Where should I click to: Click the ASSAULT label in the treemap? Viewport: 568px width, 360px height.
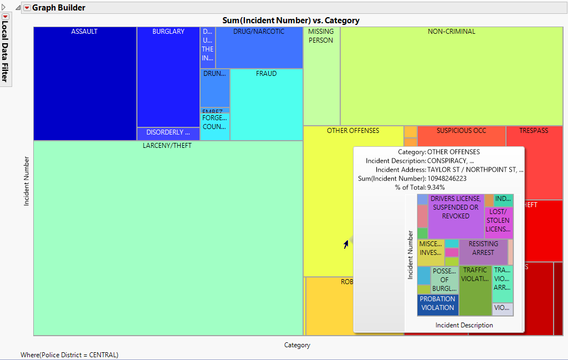click(x=84, y=32)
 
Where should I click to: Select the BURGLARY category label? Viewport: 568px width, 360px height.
click(x=168, y=32)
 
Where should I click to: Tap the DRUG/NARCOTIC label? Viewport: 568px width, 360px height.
click(x=259, y=32)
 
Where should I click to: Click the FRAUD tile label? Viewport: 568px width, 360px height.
click(x=266, y=73)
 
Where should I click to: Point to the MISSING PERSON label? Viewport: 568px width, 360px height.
click(x=321, y=36)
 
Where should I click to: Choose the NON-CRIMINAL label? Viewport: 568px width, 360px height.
click(x=452, y=32)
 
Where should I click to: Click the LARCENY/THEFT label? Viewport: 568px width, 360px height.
click(x=167, y=146)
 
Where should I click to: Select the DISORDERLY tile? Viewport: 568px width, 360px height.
click(x=168, y=133)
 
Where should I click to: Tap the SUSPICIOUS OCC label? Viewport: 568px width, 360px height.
click(x=461, y=131)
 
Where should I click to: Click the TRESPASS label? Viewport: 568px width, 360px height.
click(x=534, y=131)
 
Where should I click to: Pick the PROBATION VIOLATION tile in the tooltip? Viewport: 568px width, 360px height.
click(x=438, y=304)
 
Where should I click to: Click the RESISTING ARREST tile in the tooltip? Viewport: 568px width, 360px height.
click(x=483, y=248)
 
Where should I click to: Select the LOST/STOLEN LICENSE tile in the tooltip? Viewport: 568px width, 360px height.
click(x=498, y=220)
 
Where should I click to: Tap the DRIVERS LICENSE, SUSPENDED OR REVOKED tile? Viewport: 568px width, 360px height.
click(x=456, y=207)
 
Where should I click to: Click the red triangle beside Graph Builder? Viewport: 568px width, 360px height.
click(x=27, y=8)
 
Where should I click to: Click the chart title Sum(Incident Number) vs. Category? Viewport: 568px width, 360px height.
click(x=291, y=20)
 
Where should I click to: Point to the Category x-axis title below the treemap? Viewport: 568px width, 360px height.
click(x=297, y=345)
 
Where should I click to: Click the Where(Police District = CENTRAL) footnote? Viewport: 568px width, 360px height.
click(x=69, y=355)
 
